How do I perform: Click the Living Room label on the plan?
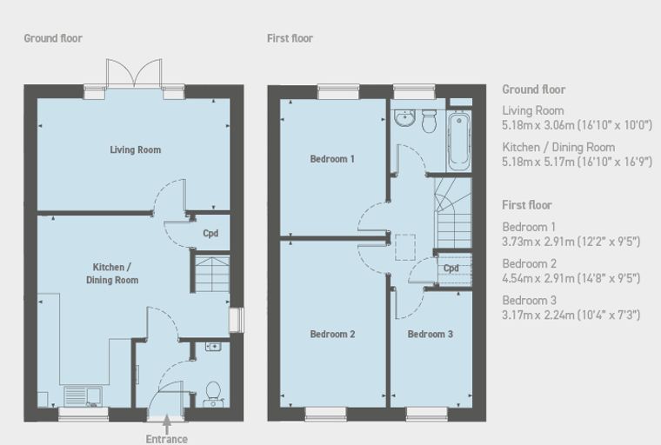136,149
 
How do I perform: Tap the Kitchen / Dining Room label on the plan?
112,274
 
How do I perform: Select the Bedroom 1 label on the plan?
332,159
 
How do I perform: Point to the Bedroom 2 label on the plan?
332,334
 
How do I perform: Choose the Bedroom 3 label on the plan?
431,334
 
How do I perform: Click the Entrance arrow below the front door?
167,424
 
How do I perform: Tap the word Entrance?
167,439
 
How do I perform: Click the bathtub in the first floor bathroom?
459,140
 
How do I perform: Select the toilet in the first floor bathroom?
430,121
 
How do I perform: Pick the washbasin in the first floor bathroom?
405,117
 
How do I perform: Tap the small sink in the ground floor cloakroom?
213,347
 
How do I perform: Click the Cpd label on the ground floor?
210,234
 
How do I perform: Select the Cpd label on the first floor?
451,268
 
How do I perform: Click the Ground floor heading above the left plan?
53,38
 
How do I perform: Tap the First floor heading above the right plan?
290,38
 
